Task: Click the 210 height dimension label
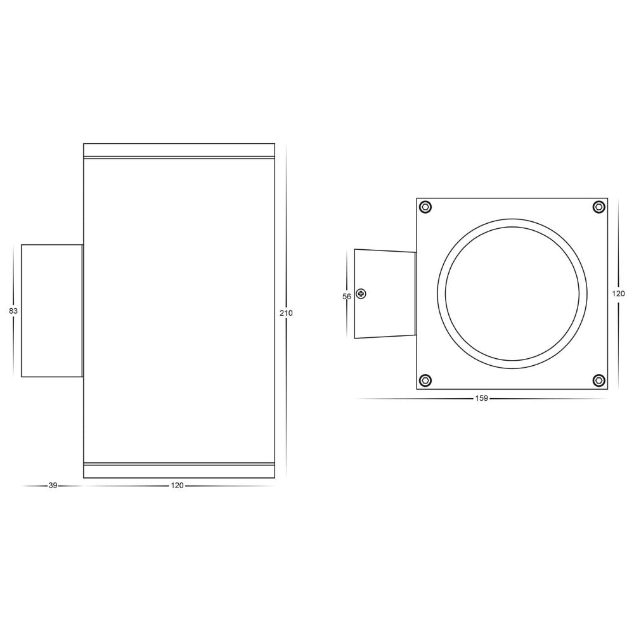point(290,313)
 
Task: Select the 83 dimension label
point(13,311)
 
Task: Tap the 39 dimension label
point(53,486)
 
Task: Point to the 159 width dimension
point(481,399)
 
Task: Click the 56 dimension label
point(347,296)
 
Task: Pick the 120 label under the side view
point(177,486)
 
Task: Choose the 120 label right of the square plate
point(618,294)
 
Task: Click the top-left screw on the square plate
point(426,207)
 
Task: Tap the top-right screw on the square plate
point(598,207)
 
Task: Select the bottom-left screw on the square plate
point(426,380)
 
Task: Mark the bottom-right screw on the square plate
point(598,380)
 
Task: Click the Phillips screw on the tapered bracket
point(361,294)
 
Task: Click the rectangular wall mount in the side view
point(52,311)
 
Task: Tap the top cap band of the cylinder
point(179,150)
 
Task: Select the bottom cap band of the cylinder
point(179,470)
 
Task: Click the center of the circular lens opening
point(512,294)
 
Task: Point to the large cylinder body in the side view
point(179,311)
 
